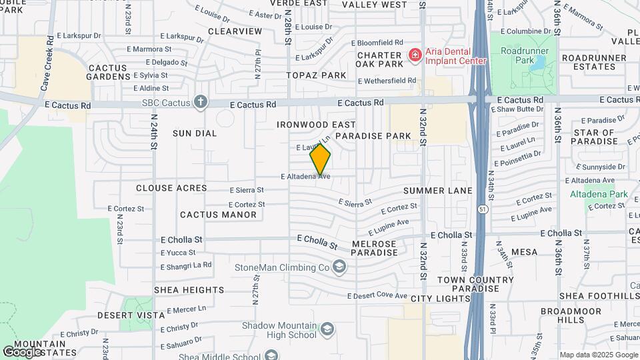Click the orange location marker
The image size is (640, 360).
(x=321, y=159)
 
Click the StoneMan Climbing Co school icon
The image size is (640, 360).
(x=340, y=267)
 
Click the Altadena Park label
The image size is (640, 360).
(x=599, y=194)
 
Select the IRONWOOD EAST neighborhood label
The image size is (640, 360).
(x=316, y=125)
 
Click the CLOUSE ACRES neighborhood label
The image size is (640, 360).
(x=171, y=188)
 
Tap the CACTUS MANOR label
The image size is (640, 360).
(x=218, y=215)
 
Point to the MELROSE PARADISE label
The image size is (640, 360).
(x=373, y=249)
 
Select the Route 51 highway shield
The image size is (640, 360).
(x=481, y=209)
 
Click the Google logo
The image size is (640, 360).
(x=21, y=351)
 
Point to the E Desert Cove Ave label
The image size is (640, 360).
(x=377, y=295)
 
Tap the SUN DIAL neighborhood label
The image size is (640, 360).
(x=195, y=133)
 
